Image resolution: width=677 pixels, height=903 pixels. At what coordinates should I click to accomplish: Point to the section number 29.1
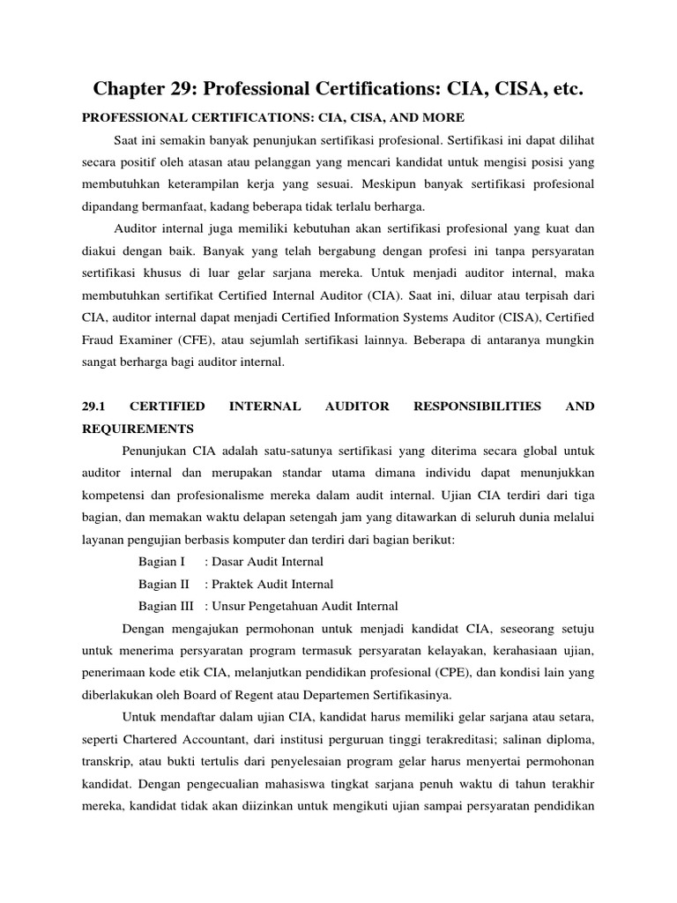pyautogui.click(x=94, y=407)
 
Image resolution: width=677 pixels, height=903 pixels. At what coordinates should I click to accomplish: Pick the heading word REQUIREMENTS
pyautogui.click(x=138, y=429)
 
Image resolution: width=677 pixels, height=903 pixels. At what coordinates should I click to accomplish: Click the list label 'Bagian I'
pyautogui.click(x=162, y=562)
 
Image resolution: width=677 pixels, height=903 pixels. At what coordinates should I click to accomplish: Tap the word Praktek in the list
pyautogui.click(x=236, y=584)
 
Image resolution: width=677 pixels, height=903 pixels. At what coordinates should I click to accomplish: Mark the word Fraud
pyautogui.click(x=100, y=340)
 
